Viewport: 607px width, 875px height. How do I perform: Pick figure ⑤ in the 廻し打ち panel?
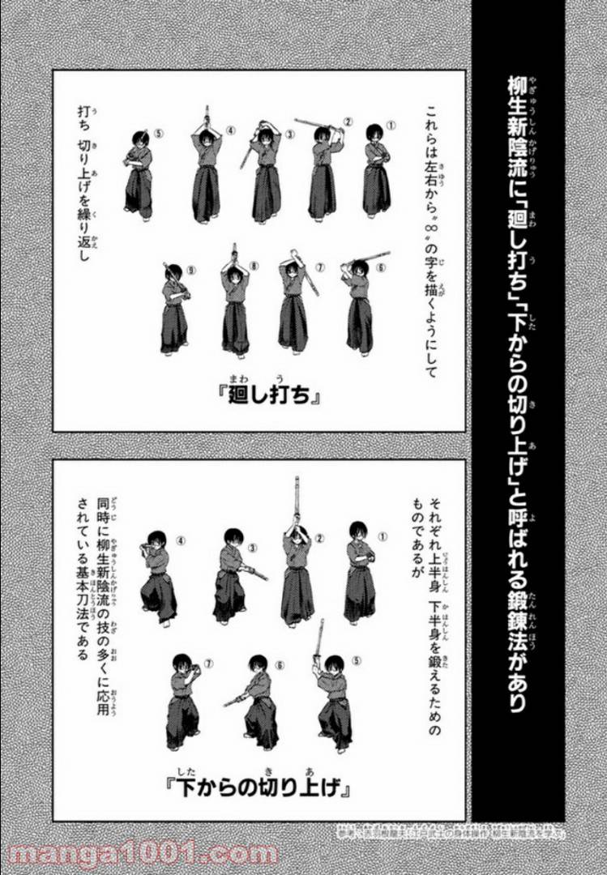[139, 174]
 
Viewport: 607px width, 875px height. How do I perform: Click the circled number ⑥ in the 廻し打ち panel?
[382, 267]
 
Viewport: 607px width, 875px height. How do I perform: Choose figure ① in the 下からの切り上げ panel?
[360, 571]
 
